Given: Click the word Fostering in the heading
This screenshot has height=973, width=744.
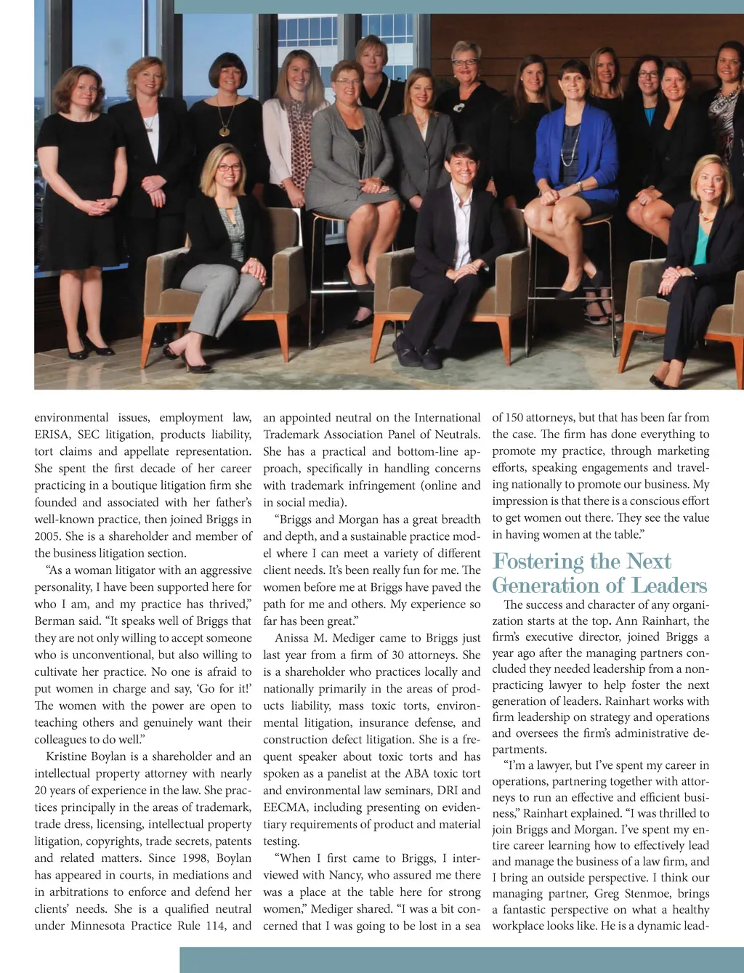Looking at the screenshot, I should (538, 562).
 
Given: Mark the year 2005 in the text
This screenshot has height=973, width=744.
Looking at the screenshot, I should (47, 536).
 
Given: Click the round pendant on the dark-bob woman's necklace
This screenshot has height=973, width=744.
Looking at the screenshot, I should (225, 132).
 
